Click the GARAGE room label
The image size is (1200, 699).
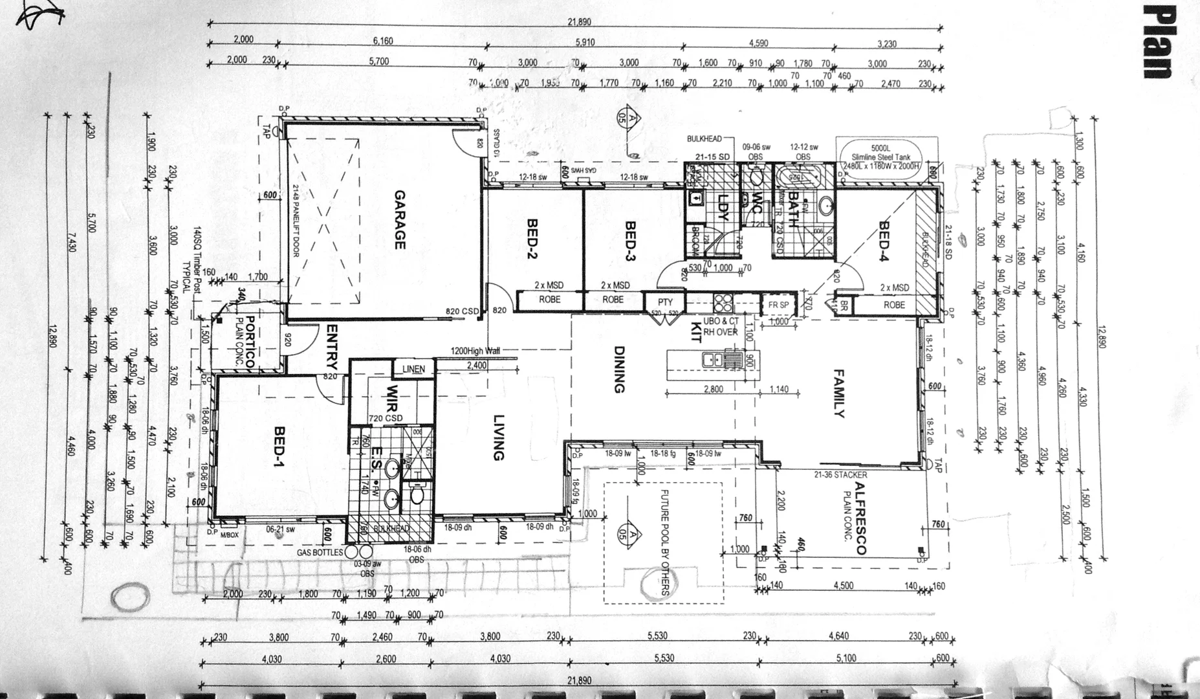[399, 219]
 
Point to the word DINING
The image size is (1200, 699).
[618, 370]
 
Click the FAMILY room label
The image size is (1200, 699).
[838, 394]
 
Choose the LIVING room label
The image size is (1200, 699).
[497, 438]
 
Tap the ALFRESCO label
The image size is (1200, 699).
[860, 518]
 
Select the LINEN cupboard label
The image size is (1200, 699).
[413, 369]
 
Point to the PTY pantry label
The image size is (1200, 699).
[665, 302]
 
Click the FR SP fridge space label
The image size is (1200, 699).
[778, 305]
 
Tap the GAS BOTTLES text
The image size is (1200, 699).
[320, 553]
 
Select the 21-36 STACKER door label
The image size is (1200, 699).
[840, 475]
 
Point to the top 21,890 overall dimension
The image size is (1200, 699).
[579, 22]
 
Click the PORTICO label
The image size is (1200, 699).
[250, 343]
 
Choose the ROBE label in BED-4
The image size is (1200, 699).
[894, 305]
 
